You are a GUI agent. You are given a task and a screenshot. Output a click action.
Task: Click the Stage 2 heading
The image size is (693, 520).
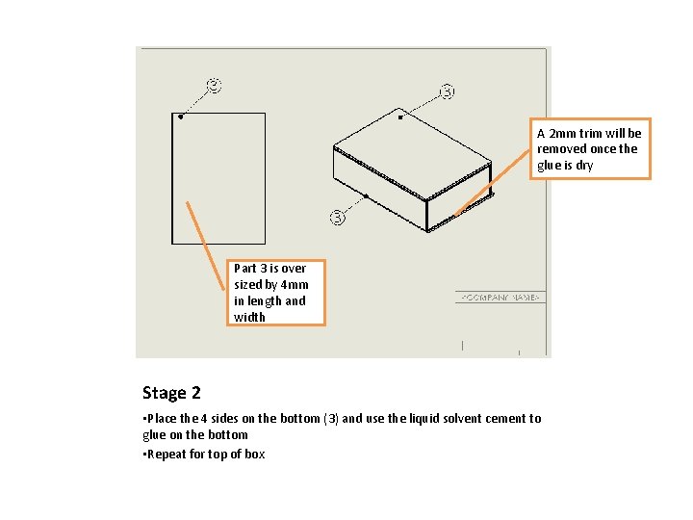171,393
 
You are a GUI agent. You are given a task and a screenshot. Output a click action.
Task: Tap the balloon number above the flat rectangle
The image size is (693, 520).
215,86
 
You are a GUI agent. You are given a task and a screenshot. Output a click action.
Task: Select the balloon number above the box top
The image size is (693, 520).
448,91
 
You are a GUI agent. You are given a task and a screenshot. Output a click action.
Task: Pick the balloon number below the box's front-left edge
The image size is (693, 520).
338,217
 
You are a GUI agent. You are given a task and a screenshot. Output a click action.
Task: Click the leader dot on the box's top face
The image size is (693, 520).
401,117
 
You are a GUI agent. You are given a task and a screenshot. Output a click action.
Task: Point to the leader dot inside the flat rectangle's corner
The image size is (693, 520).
180,117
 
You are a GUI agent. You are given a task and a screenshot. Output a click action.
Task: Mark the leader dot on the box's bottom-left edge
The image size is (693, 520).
367,195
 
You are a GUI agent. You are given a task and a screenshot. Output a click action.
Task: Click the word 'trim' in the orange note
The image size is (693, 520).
590,133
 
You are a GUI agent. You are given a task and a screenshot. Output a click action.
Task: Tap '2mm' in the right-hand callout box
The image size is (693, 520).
561,133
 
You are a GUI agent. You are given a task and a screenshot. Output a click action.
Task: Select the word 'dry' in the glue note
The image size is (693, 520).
584,165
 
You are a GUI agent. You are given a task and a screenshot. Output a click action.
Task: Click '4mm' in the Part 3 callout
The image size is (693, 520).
295,284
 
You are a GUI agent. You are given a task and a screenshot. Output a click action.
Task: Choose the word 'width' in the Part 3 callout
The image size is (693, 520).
249,317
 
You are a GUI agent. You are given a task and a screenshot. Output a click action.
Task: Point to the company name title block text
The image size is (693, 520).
500,298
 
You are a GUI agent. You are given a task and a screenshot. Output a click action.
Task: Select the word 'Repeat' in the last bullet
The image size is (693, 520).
167,454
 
